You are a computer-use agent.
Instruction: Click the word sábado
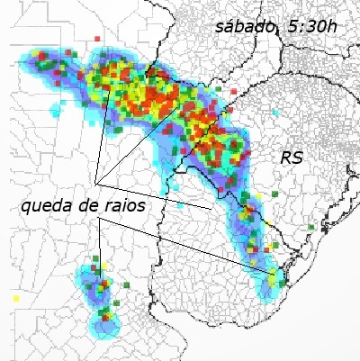point(244,26)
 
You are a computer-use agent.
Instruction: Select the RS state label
point(292,158)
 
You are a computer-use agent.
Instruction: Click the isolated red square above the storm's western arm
point(95,39)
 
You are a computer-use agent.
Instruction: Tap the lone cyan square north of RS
point(276,112)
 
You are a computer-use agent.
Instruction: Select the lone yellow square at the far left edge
point(16,297)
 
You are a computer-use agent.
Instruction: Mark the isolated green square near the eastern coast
point(310,227)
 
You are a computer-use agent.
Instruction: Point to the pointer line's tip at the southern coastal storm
point(274,272)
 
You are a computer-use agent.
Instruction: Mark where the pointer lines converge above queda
point(95,176)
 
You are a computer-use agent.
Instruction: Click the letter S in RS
point(298,158)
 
